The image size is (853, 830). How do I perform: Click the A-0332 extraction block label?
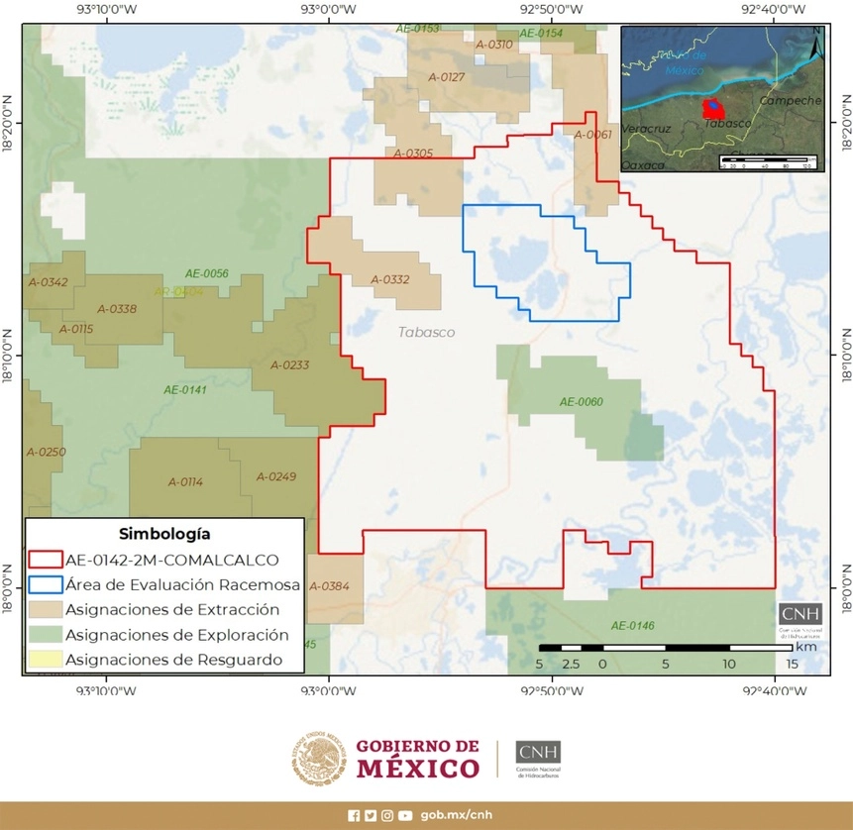point(390,280)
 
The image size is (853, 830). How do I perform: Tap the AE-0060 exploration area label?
point(582,402)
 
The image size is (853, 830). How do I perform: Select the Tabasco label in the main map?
point(427,333)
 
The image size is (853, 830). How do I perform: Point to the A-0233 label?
point(289,365)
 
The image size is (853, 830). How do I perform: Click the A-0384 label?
point(329,586)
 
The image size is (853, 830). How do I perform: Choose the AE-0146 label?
point(633,625)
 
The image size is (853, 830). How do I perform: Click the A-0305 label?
point(413,154)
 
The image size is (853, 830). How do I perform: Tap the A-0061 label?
point(592,135)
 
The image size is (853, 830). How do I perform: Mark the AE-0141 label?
point(185,390)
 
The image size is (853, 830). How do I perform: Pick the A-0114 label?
point(185,482)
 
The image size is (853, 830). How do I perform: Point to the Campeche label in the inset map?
point(790,101)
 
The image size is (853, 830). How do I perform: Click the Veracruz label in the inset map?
point(647,130)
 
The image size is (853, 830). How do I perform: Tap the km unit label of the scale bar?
point(804,646)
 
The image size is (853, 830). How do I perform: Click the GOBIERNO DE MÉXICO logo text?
point(417,759)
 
